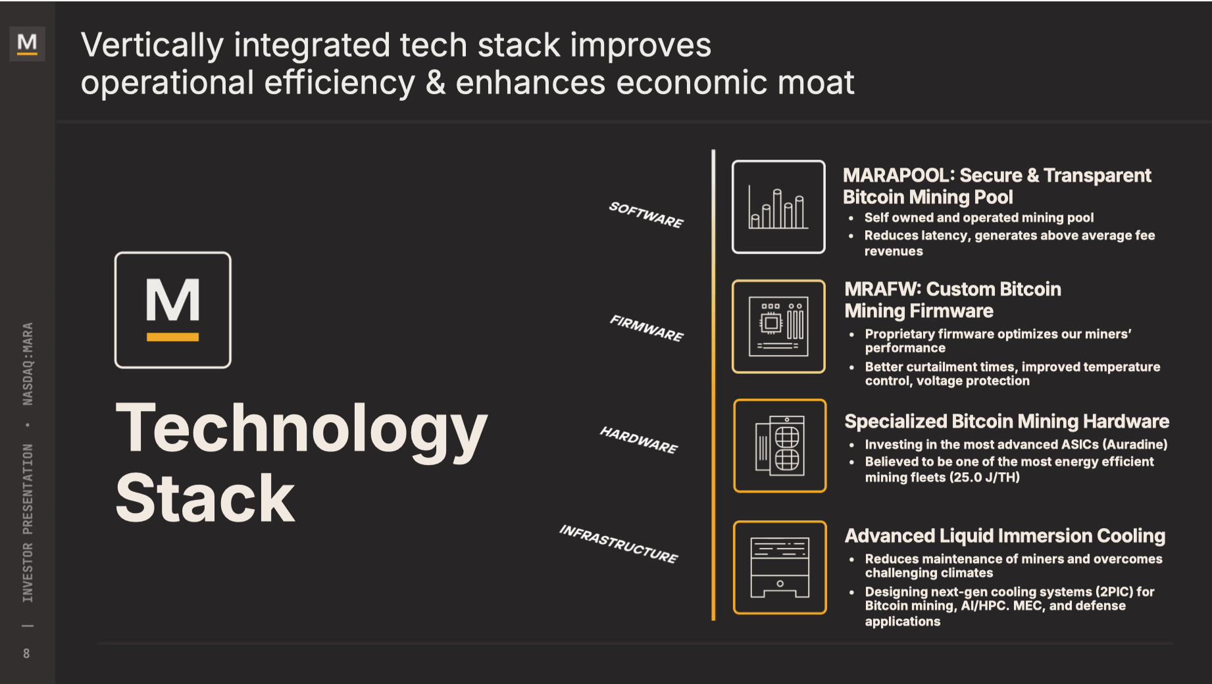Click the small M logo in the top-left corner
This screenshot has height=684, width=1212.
27,43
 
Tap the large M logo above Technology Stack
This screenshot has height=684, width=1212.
172,310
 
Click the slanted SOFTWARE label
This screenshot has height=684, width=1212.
646,214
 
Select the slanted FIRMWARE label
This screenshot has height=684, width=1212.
647,328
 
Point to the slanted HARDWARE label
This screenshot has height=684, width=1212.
638,439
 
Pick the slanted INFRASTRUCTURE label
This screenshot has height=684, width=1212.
618,543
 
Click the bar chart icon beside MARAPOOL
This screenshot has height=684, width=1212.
778,207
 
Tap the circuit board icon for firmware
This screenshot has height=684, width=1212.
778,326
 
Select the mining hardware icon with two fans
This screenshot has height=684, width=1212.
780,445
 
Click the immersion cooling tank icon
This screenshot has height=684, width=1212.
780,567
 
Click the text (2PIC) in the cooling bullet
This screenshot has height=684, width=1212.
1114,592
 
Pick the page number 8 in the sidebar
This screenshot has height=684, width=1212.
26,653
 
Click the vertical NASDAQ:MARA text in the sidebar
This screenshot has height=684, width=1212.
28,364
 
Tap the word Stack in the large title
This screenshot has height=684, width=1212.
205,499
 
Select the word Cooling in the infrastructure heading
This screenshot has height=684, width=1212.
1130,536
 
